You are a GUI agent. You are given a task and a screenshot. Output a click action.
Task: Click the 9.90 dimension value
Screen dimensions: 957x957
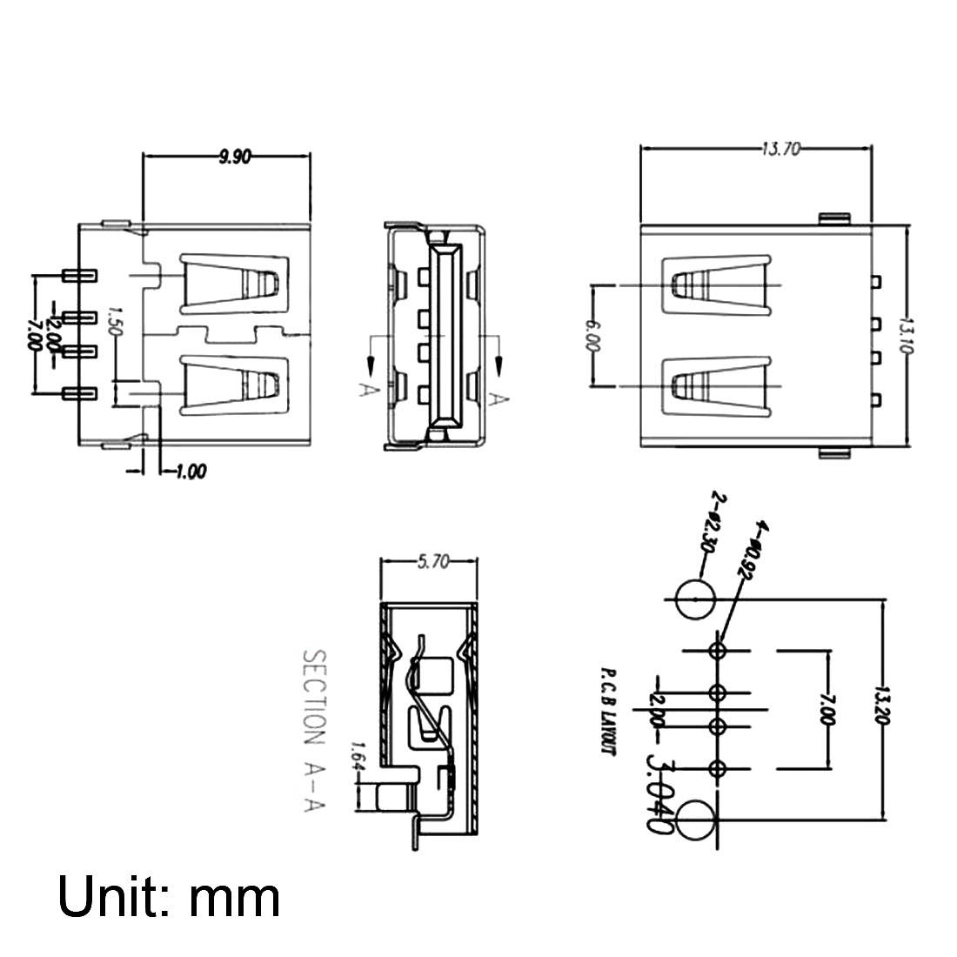234,157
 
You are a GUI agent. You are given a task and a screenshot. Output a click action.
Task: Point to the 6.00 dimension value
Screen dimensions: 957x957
593,334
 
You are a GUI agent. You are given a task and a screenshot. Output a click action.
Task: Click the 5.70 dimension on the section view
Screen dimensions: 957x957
432,563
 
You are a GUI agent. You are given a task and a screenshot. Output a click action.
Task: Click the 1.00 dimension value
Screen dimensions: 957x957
190,472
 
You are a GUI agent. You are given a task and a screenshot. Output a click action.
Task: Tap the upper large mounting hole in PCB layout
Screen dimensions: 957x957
696,599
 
